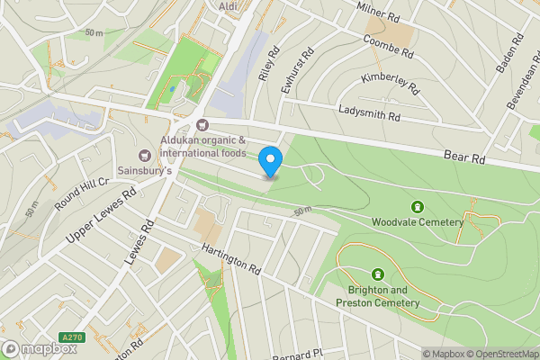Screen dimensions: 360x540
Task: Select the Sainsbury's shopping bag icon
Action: pyautogui.click(x=144, y=157)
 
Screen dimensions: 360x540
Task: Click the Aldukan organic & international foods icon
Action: pyautogui.click(x=202, y=124)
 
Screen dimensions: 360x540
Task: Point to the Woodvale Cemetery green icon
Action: pyautogui.click(x=417, y=208)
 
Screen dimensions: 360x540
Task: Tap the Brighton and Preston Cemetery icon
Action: pyautogui.click(x=378, y=274)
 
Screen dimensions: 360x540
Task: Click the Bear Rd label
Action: pyautogui.click(x=464, y=157)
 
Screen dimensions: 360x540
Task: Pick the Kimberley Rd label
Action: pyautogui.click(x=391, y=84)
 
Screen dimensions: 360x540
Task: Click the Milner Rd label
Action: pyautogui.click(x=378, y=12)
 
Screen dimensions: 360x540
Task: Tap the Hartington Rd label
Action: pyautogui.click(x=230, y=258)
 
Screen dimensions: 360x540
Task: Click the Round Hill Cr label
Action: pyautogui.click(x=81, y=194)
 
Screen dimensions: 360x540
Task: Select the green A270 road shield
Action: pyautogui.click(x=71, y=337)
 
